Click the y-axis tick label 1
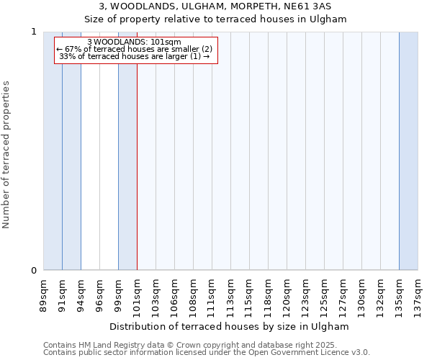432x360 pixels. pyautogui.click(x=34, y=32)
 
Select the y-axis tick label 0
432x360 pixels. pyautogui.click(x=34, y=271)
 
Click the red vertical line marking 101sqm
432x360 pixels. pyautogui.click(x=137, y=180)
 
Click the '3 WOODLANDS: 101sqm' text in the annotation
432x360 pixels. pyautogui.click(x=134, y=42)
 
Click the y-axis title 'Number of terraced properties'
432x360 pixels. pyautogui.click(x=6, y=155)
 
